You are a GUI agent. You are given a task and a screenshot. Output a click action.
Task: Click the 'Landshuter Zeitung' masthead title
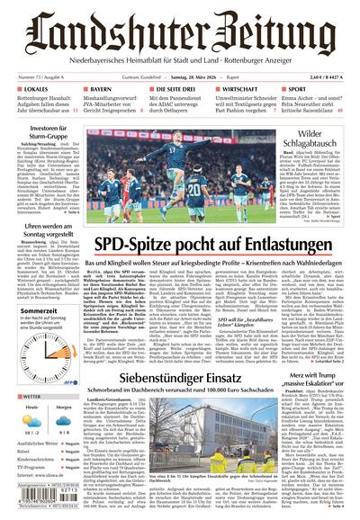(180, 29)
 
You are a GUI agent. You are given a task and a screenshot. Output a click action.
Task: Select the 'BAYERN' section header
(100, 90)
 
